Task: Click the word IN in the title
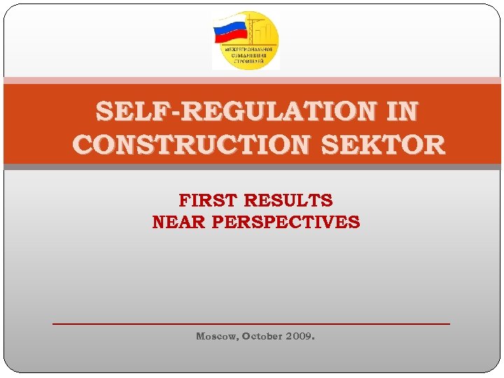coord(402,111)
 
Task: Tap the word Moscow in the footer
coord(216,336)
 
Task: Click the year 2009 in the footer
coord(299,336)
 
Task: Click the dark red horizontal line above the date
coord(251,323)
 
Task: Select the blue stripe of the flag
coord(229,29)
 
